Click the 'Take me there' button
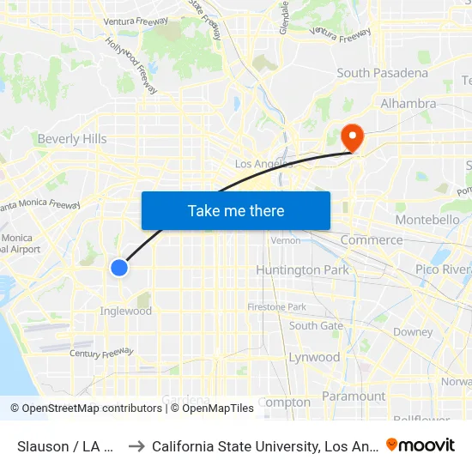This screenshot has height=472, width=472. pos(235,210)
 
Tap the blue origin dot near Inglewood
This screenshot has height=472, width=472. pos(119,268)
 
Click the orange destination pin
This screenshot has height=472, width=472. pos(352,137)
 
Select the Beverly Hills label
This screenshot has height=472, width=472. pos(72,139)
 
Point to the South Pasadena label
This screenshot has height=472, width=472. pos(382,73)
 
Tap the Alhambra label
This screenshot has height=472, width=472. pos(408,104)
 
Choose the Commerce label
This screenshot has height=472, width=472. pos(372,240)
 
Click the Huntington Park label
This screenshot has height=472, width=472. pos(302,269)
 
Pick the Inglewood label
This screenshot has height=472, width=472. pos(126,311)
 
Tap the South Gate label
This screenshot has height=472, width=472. pos(316,326)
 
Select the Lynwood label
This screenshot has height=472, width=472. pos(314,357)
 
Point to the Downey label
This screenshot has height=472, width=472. pos(413,332)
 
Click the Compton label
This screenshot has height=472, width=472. pos(284,402)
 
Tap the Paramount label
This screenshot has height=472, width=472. pos(354,396)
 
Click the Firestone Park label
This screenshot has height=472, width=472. pos(277,306)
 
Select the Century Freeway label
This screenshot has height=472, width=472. pos(102,352)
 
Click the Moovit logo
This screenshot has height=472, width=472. pos(421,445)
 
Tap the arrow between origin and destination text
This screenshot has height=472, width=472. pos(136,445)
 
